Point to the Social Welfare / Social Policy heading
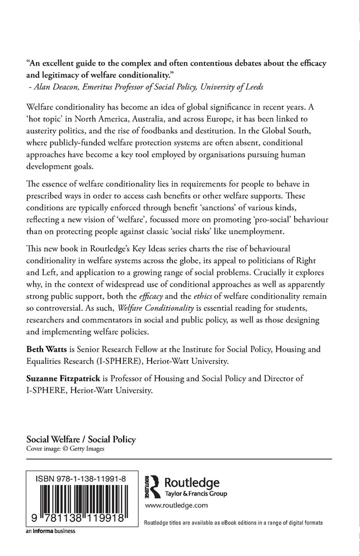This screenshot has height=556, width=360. pos(81,439)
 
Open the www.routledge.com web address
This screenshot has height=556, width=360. pos(176,506)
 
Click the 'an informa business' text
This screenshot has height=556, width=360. pos(51,531)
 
